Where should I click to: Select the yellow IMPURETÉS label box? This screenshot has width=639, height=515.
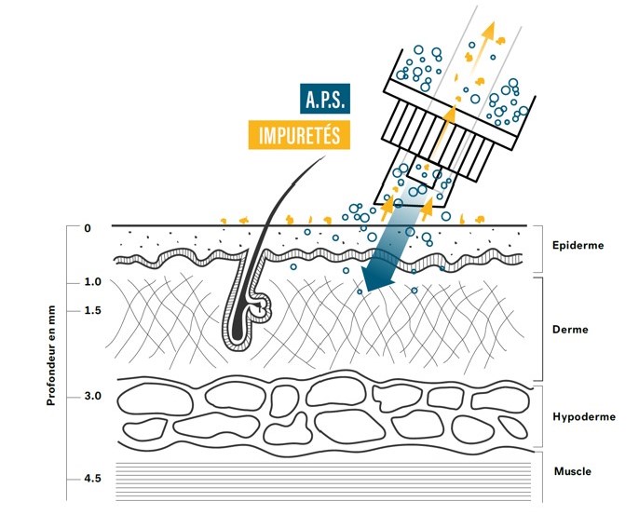pyautogui.click(x=301, y=135)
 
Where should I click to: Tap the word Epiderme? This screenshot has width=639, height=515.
pyautogui.click(x=577, y=246)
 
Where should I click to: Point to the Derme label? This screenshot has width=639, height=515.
pyautogui.click(x=570, y=329)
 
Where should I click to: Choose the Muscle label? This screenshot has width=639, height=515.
pyautogui.click(x=572, y=471)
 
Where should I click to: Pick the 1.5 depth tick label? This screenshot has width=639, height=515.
pyautogui.click(x=92, y=310)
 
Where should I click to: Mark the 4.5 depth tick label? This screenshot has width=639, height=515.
pyautogui.click(x=92, y=479)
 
